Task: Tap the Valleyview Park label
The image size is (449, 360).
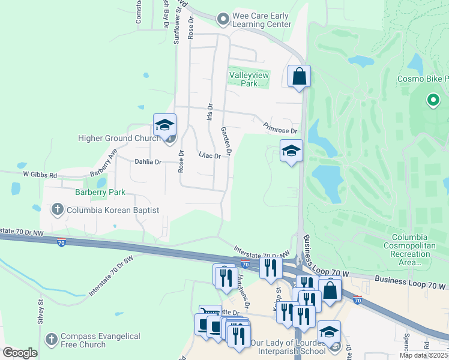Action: point(249,79)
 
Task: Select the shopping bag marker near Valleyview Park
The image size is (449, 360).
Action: point(299,77)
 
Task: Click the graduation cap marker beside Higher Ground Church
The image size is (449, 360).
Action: point(164,125)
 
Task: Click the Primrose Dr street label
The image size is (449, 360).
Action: point(280,128)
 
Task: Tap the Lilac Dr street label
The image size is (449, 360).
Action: point(209,155)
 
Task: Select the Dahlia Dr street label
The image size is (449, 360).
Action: point(148,162)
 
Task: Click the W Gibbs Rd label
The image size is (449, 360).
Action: point(40,175)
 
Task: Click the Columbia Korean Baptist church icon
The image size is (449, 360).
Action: point(58,209)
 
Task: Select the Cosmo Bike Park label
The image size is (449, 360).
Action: point(423,79)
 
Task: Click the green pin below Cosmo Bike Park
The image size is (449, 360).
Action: point(432,100)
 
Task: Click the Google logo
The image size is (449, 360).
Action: point(20,352)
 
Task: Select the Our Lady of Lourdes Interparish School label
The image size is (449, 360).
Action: point(289,347)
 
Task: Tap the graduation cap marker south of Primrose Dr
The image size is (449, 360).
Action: point(291,151)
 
